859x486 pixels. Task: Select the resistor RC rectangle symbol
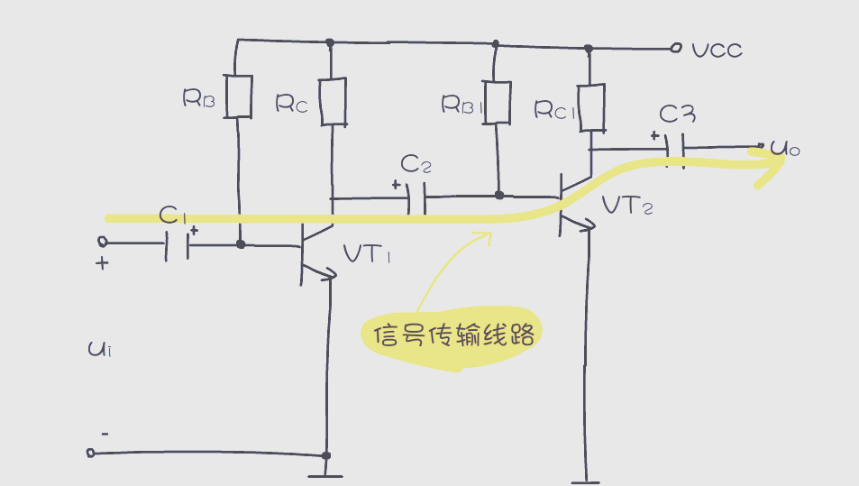point(333,102)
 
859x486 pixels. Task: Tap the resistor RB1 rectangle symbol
point(497,101)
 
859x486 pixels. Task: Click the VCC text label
point(717,50)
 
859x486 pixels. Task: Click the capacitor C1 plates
point(178,243)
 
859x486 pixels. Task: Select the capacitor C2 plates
point(416,197)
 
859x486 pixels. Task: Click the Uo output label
point(784,148)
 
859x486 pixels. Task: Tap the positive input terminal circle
point(102,243)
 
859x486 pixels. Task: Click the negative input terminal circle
point(90,452)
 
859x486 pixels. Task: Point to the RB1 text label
point(462,105)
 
